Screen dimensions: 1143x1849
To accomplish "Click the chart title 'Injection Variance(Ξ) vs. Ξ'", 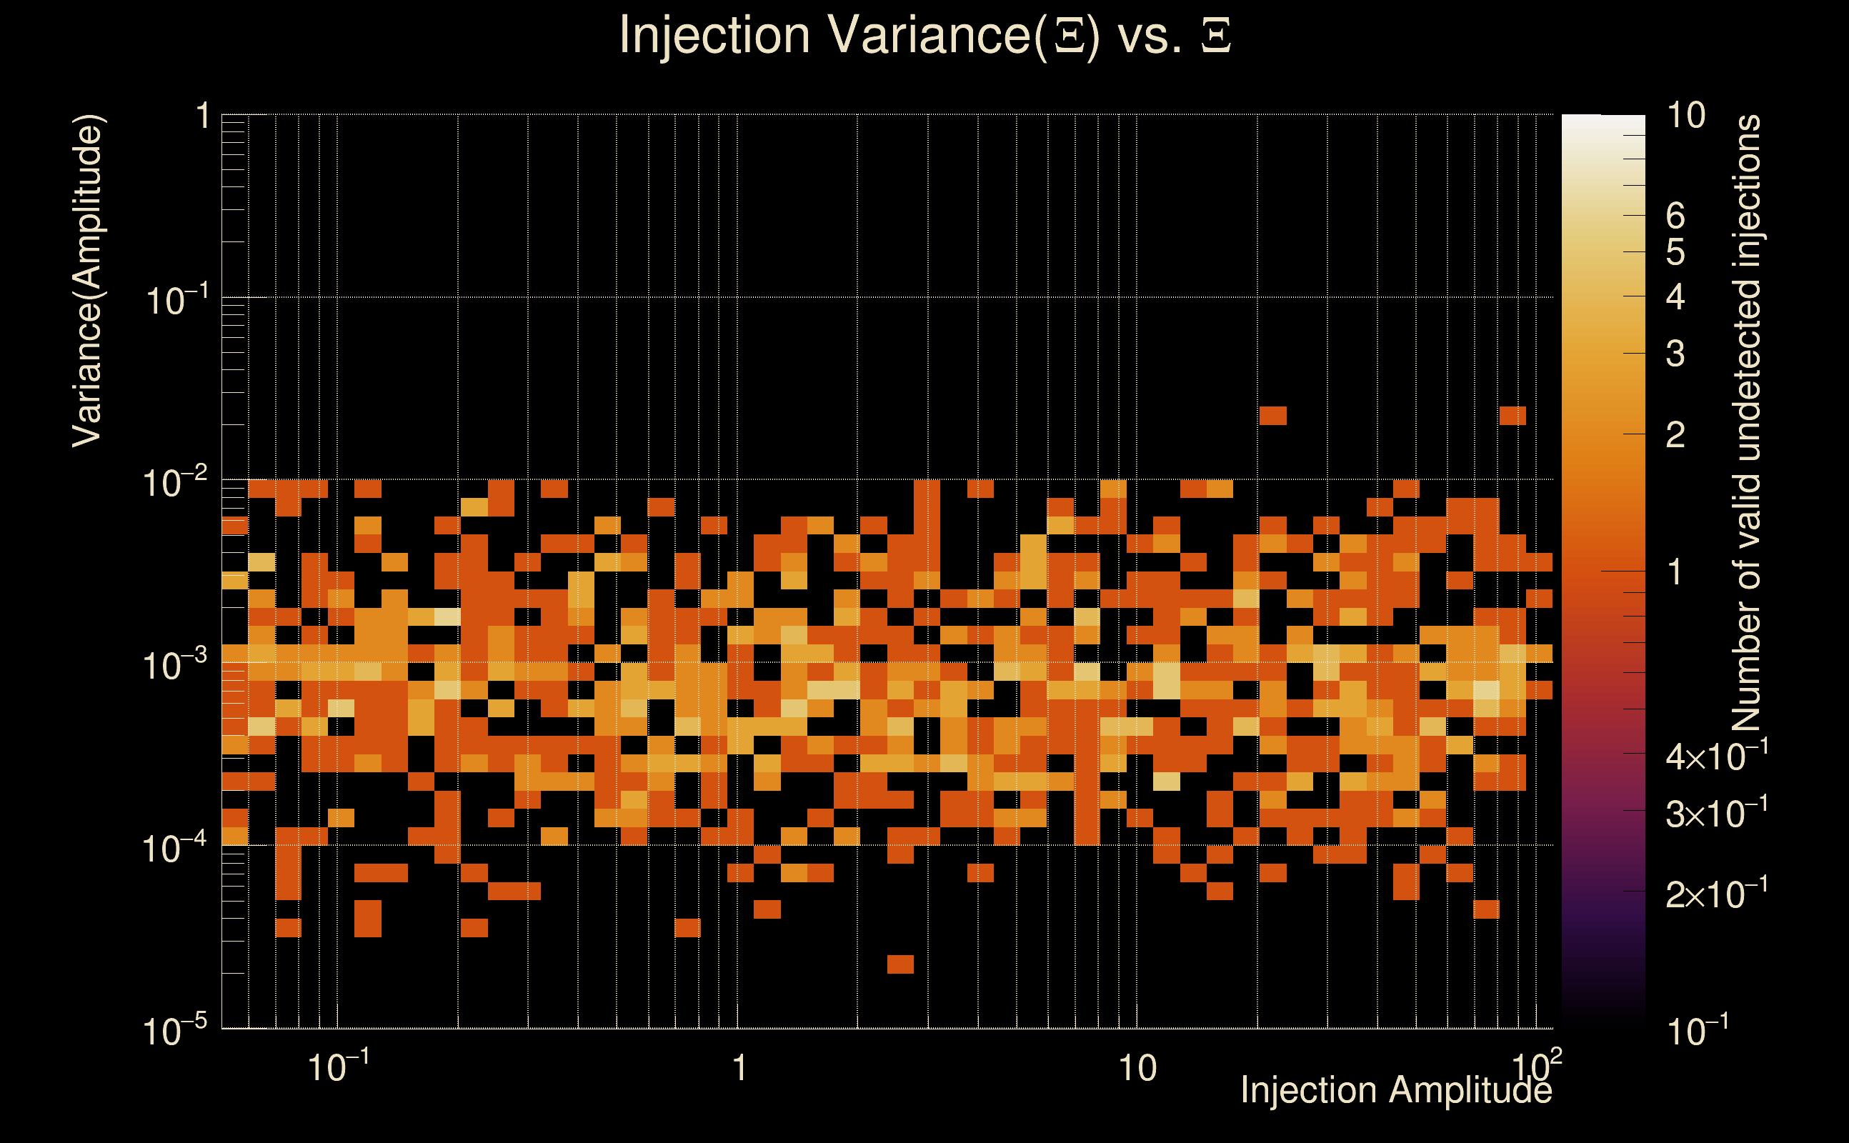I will pos(924,36).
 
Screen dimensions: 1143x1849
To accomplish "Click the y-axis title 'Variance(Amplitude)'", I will pos(88,281).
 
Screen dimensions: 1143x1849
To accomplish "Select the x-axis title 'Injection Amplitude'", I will pos(1395,1091).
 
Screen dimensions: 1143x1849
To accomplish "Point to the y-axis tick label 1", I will pos(202,117).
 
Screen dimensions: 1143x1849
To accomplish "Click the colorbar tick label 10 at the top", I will pos(1685,116).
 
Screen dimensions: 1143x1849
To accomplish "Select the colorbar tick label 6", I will pos(1675,216).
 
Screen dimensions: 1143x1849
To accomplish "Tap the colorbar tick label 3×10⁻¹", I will pos(1716,814).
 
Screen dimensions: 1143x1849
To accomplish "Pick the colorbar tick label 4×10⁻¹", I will pos(1716,756).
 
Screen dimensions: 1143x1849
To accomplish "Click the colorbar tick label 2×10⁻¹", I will pos(1716,894).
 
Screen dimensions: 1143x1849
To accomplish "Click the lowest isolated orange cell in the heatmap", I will pos(900,964).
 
